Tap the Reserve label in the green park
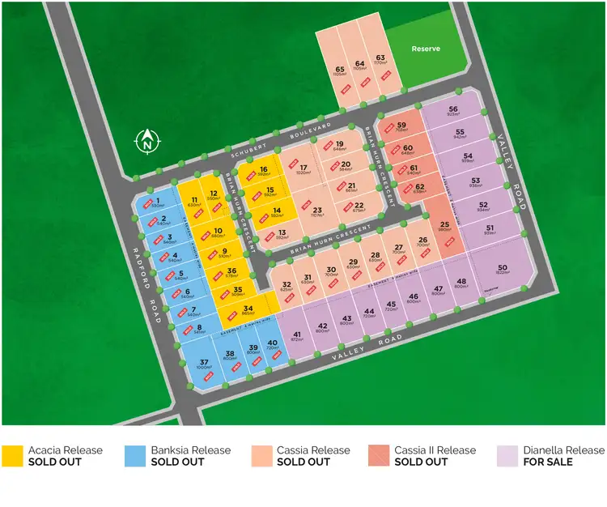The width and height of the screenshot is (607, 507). [x=426, y=49]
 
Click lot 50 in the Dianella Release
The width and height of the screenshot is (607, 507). [x=503, y=269]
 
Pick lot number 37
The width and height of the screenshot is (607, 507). [x=204, y=363]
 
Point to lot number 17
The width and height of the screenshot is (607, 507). [x=303, y=168]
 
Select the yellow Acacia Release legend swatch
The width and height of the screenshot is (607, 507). [x=12, y=456]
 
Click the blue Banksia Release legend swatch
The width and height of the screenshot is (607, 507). [x=135, y=456]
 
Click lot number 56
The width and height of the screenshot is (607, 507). [x=453, y=110]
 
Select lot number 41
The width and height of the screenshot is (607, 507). [x=297, y=335]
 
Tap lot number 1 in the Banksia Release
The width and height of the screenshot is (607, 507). [x=158, y=202]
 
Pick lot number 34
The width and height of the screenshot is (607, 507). [x=248, y=308]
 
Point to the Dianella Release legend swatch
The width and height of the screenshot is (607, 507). [x=507, y=456]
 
